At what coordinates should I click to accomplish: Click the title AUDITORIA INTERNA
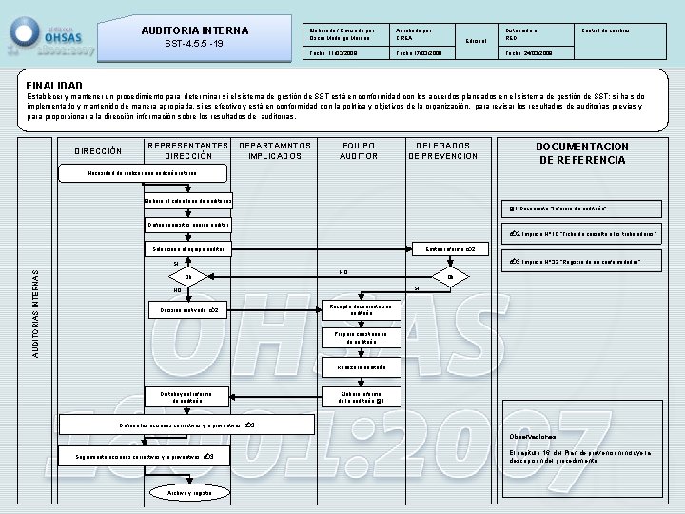tap(194, 30)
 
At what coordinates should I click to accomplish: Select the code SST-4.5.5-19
tap(193, 44)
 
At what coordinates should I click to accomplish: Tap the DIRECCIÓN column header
tap(98, 150)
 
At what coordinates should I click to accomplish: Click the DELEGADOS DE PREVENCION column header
tap(443, 150)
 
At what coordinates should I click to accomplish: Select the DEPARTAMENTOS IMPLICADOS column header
tap(275, 150)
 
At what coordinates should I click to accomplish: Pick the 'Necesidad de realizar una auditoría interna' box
tap(144, 173)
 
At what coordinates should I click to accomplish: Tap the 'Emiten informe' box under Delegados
tap(450, 249)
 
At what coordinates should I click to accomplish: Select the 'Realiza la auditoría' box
tap(362, 367)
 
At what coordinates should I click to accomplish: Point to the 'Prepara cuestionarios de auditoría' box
tap(362, 338)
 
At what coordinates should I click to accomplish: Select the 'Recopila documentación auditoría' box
tap(362, 309)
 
